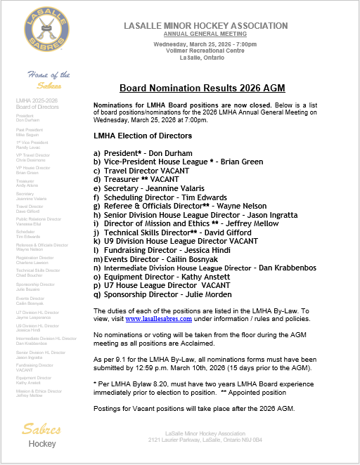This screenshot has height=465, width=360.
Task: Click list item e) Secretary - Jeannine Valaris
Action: (148, 189)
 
